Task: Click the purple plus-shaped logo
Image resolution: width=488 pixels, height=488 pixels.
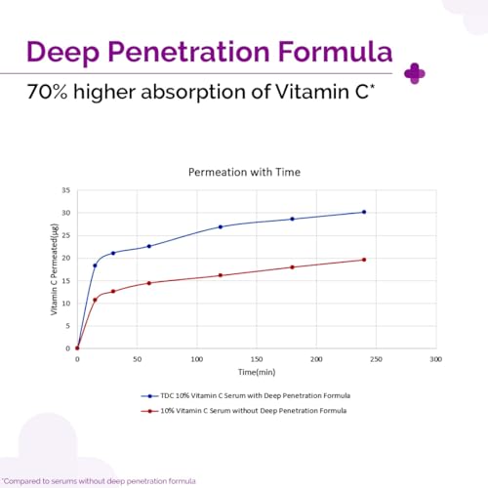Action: tap(414, 73)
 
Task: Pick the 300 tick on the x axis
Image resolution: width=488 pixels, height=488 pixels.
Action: tap(436, 359)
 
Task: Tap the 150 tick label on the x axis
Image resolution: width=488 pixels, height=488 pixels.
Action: tap(257, 359)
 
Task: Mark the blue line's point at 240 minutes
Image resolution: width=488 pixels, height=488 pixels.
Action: tap(364, 212)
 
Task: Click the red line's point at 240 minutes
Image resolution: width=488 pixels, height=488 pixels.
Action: tap(364, 260)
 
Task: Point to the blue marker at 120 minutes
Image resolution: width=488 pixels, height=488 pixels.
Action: tap(221, 226)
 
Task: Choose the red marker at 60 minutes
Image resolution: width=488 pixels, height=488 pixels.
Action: tap(148, 283)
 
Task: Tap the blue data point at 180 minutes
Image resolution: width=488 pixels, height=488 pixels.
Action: tap(292, 219)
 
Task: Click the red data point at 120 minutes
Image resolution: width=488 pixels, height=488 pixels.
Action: tap(221, 275)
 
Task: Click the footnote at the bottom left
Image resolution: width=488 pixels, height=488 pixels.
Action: tap(99, 480)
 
